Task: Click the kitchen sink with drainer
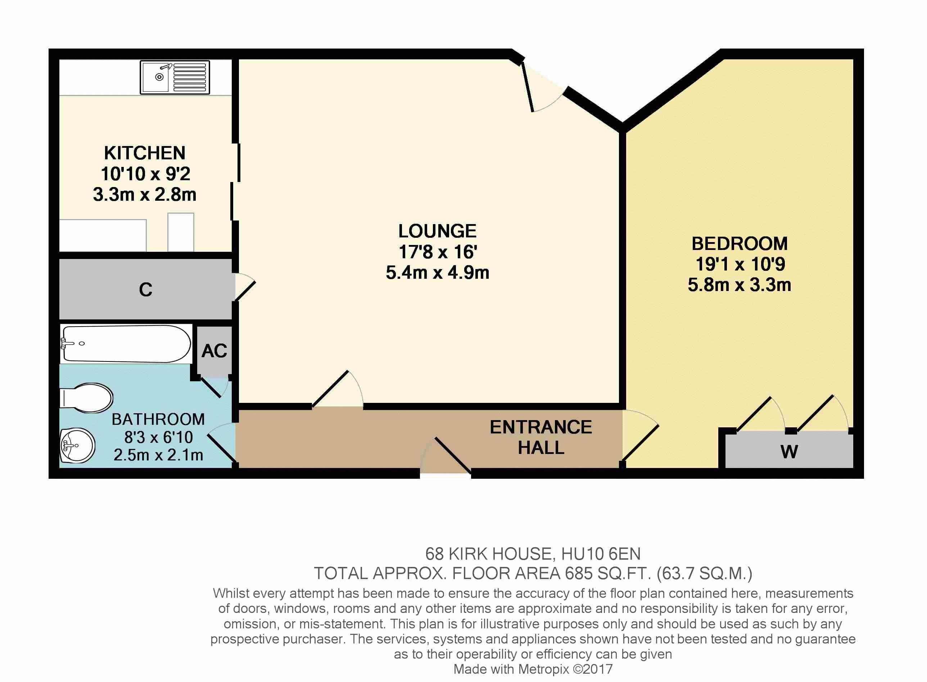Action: [x=175, y=77]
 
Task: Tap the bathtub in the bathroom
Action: [x=126, y=344]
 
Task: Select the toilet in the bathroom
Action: [x=86, y=398]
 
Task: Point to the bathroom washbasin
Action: [x=78, y=445]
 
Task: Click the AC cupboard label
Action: [x=214, y=351]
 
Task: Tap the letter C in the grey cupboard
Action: [x=146, y=290]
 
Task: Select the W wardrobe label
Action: [x=789, y=452]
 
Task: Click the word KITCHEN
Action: [x=145, y=153]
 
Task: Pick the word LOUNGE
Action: [x=437, y=231]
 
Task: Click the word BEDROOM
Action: [x=740, y=244]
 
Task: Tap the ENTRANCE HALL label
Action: [x=541, y=437]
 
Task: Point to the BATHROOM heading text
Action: [x=158, y=419]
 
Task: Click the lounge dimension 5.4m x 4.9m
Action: [x=438, y=272]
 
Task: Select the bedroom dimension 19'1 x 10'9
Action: [x=740, y=264]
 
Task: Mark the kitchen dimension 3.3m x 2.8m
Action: [x=145, y=195]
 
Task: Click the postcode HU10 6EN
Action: [x=601, y=554]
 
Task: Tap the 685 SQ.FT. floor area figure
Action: [x=608, y=573]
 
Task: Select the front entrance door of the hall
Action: [x=446, y=456]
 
